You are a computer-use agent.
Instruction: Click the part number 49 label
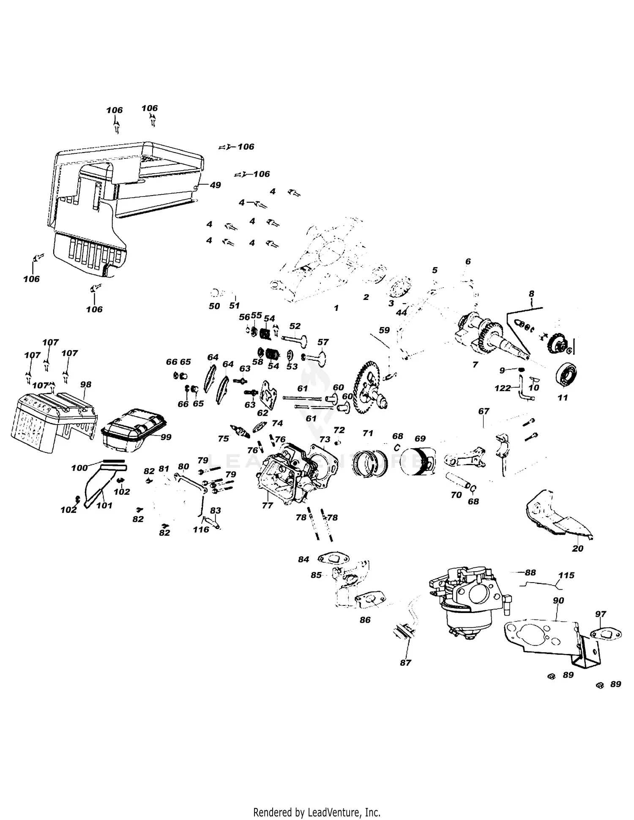tap(215, 185)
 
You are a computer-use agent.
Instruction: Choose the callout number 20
tap(577, 548)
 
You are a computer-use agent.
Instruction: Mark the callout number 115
tap(566, 575)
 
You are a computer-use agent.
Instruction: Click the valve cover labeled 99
tap(134, 429)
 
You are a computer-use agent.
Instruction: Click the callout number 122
tap(503, 388)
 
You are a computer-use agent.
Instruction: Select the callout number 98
tap(86, 384)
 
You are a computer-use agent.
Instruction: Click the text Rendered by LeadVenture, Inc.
tap(317, 800)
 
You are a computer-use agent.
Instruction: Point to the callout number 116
tap(201, 529)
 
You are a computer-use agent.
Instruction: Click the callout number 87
tap(405, 663)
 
